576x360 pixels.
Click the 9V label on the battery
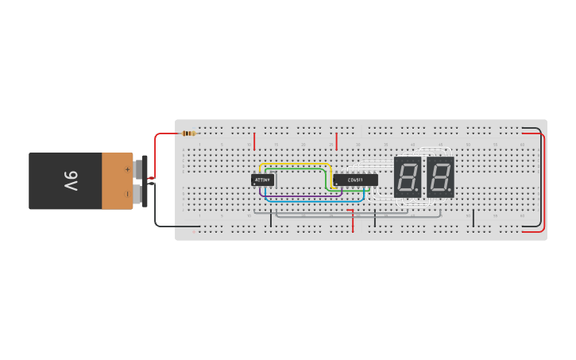(x=70, y=181)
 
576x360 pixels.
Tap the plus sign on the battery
(x=127, y=168)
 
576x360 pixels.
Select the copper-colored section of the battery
(x=117, y=181)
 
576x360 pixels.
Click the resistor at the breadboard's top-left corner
(x=188, y=133)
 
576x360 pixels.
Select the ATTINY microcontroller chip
(x=262, y=180)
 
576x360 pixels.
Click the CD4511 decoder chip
(x=355, y=180)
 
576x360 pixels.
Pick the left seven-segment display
(x=407, y=176)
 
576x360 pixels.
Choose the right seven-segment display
(x=440, y=176)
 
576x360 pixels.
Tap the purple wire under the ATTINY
(x=302, y=195)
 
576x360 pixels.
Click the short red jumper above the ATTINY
(x=254, y=141)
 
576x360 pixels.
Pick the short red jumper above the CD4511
(x=336, y=141)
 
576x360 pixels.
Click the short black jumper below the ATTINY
(x=271, y=219)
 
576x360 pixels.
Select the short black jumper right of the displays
(x=474, y=218)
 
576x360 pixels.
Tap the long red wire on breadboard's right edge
(x=545, y=183)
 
